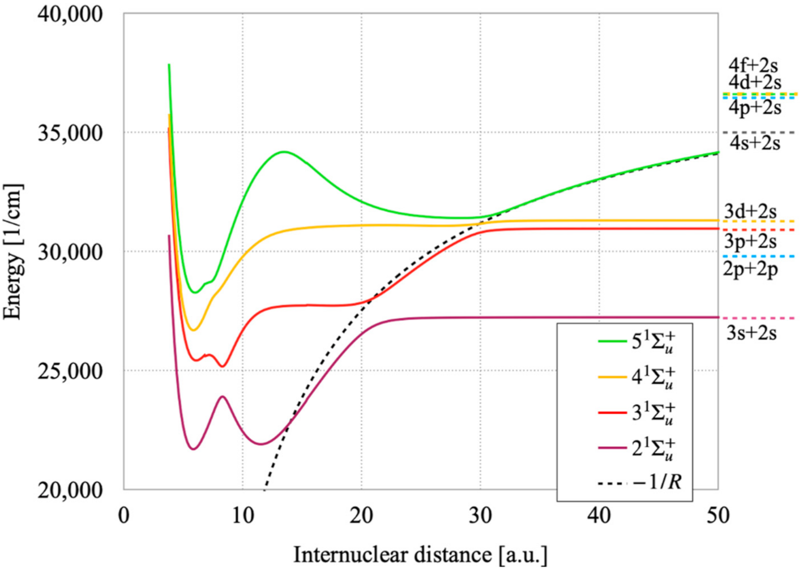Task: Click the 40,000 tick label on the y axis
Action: click(70, 14)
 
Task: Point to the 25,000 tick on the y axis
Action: click(70, 371)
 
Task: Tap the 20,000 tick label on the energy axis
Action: click(70, 490)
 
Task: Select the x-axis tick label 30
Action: click(480, 516)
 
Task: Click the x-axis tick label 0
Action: click(124, 516)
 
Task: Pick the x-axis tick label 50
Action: click(717, 516)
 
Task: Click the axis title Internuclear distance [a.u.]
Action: click(420, 555)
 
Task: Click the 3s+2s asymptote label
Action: click(751, 333)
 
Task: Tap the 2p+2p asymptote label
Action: click(750, 269)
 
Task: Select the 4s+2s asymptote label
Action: click(754, 143)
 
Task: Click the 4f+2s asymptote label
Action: click(753, 65)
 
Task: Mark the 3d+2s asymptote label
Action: click(750, 211)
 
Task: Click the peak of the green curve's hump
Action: click(284, 152)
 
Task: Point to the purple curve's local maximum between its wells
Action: click(223, 397)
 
